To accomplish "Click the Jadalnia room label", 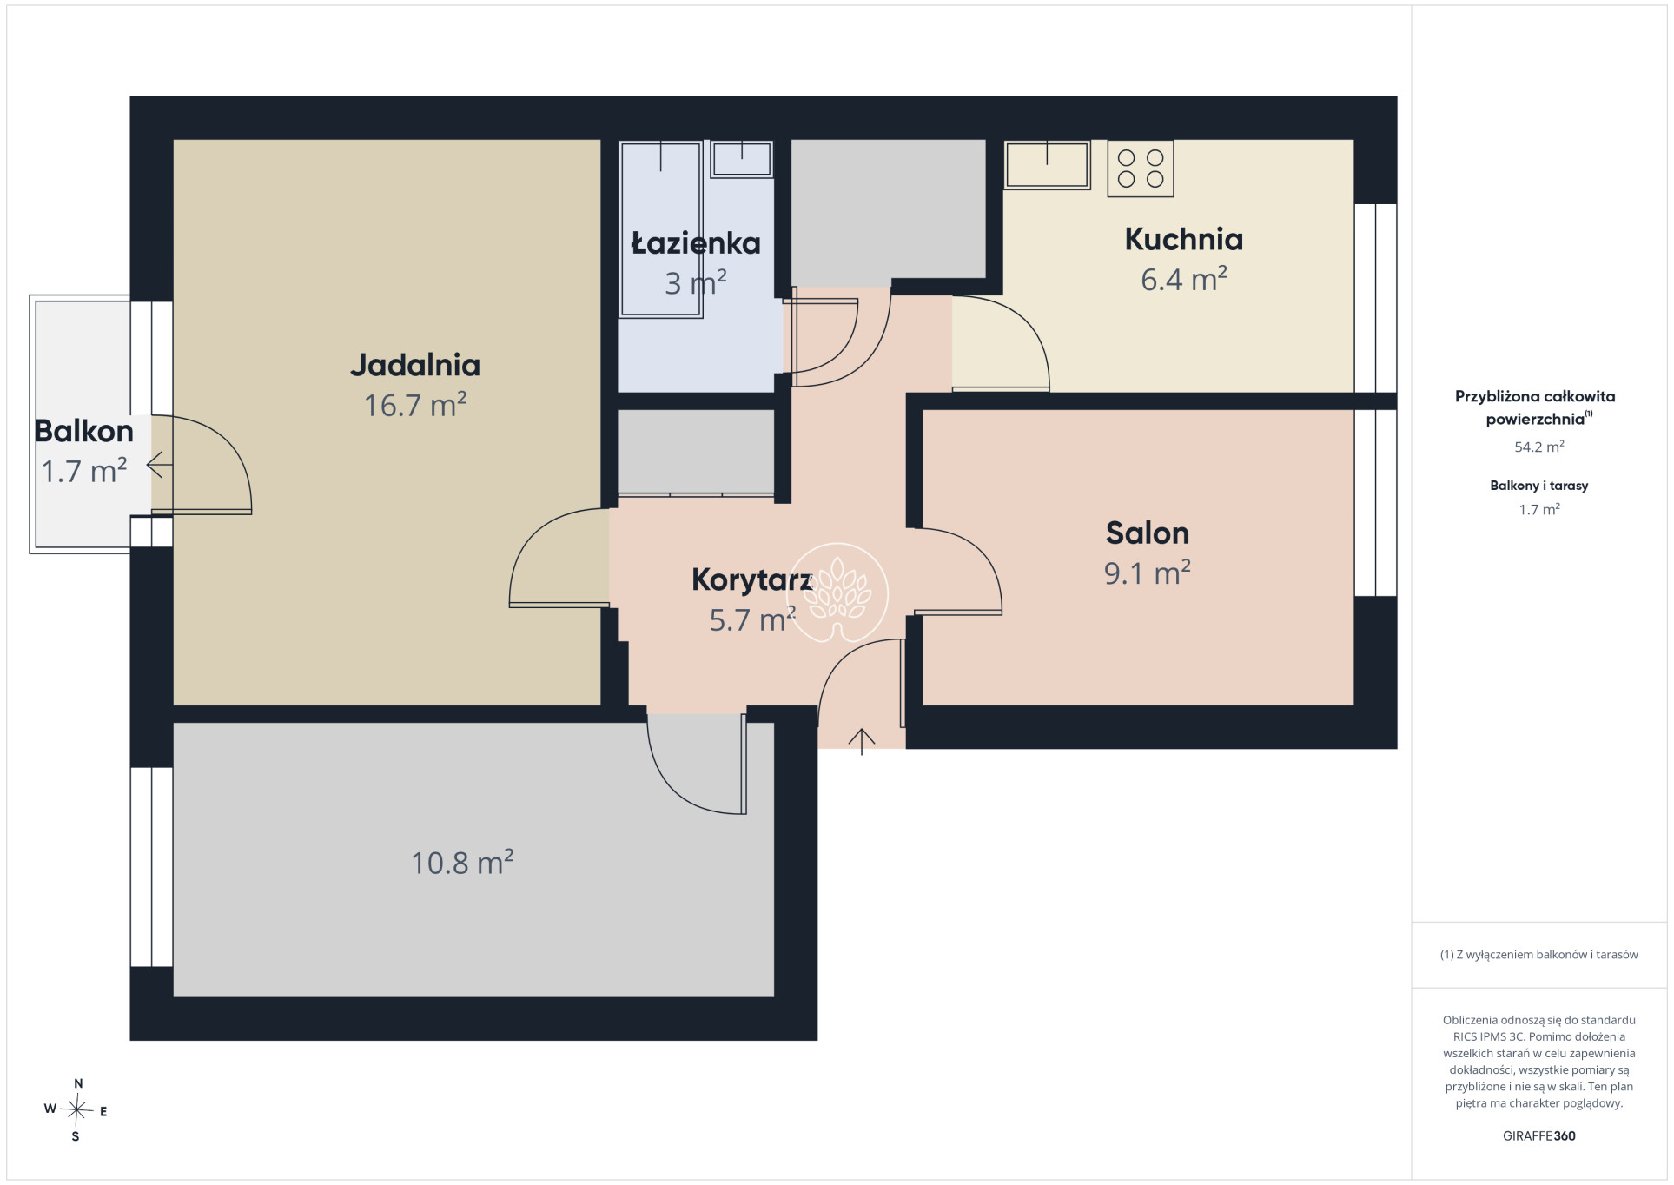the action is (415, 365).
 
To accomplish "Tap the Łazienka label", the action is (696, 242).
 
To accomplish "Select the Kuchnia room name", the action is (1183, 239).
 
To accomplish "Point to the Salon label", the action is (1147, 533).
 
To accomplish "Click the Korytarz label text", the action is (751, 580).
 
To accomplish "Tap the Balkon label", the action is (84, 431).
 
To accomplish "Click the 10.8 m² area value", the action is (462, 862).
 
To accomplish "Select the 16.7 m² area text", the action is (415, 405).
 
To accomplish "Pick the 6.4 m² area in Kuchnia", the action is (1183, 279).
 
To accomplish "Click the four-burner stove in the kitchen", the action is (1141, 169).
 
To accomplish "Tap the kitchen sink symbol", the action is (1047, 164).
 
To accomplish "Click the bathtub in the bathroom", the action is (661, 229).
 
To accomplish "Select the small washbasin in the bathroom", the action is (742, 160).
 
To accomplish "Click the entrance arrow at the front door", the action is (862, 741).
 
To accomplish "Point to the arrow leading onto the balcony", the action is (159, 466).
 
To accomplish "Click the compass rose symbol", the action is (76, 1109).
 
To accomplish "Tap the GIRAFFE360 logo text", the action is (1538, 1135).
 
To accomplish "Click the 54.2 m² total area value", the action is (1538, 447).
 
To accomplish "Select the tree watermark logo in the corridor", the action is (837, 592).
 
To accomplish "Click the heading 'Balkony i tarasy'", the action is (1538, 486).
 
